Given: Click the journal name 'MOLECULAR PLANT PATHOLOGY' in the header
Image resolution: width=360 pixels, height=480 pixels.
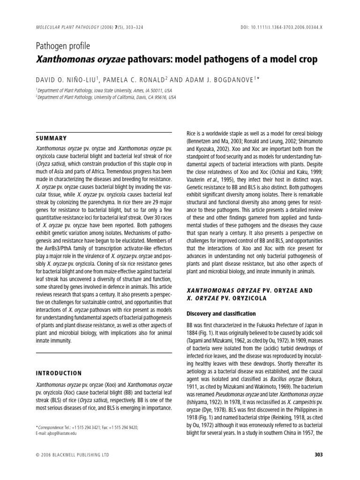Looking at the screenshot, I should tap(66, 28).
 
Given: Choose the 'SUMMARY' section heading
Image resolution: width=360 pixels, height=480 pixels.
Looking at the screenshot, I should tap(51, 138).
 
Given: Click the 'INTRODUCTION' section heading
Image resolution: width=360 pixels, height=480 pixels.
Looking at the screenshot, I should tap(59, 373).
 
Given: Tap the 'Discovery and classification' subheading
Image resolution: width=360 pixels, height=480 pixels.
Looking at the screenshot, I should tap(215, 313).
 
